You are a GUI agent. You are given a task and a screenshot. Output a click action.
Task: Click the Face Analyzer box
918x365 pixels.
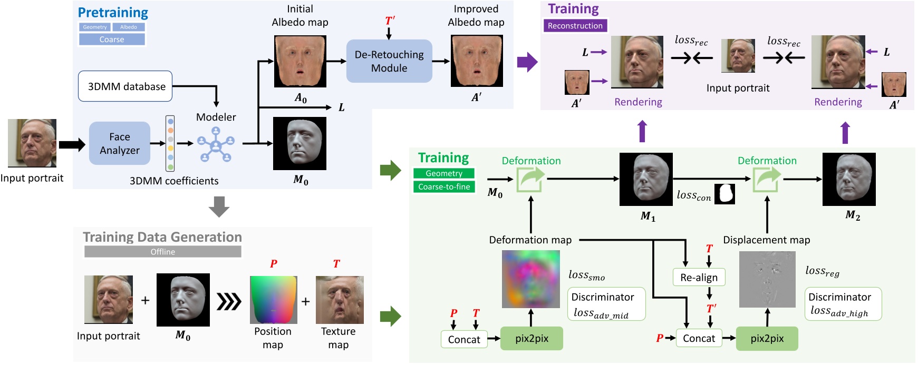[x=120, y=143]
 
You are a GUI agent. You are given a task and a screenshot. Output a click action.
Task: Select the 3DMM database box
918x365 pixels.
[x=125, y=86]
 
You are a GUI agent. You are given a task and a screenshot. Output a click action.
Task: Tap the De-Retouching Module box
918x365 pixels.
[x=389, y=61]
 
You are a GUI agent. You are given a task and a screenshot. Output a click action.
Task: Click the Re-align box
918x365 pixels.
[x=699, y=278]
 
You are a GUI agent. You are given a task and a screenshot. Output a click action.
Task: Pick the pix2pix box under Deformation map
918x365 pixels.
[x=532, y=339]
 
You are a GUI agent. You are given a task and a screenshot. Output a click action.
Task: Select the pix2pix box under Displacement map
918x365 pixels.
[x=767, y=339]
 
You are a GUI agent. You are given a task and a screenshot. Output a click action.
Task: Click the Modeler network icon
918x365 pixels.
[x=216, y=144]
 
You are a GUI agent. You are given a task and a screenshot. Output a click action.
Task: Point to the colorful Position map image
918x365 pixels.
[x=273, y=300]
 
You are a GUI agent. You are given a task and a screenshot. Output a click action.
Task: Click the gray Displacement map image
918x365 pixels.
[x=767, y=280]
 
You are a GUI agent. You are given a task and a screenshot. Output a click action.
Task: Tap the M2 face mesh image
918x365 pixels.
[x=848, y=180]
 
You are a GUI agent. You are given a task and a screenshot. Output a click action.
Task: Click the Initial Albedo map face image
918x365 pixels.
[x=300, y=61]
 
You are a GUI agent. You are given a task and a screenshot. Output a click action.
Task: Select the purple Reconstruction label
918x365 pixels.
[x=575, y=26]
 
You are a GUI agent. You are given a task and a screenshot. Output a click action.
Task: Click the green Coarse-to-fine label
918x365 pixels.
[x=444, y=187]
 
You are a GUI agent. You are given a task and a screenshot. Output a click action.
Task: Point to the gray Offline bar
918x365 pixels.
[x=162, y=252]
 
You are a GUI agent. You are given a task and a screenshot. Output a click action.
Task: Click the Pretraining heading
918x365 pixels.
[x=113, y=13]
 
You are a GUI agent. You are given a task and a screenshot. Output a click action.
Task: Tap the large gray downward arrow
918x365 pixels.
[x=219, y=206]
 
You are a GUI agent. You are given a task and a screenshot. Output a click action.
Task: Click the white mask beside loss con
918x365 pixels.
[x=724, y=194]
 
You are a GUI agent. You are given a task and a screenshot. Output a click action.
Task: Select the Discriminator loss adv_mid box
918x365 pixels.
[x=606, y=304]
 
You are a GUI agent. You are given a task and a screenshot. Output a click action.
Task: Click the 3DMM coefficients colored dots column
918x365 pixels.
[x=170, y=143]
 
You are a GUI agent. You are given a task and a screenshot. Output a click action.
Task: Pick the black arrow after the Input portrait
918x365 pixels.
[x=72, y=144]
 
